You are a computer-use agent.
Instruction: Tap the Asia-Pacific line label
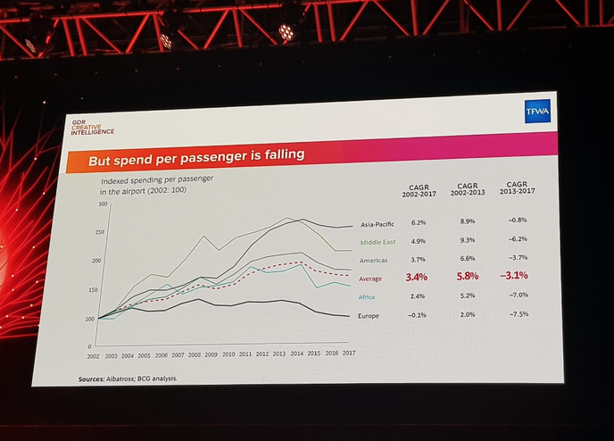click(x=377, y=224)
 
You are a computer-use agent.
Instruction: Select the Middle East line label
click(x=377, y=242)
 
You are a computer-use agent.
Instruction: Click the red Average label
click(x=370, y=279)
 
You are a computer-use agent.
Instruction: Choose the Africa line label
click(x=367, y=296)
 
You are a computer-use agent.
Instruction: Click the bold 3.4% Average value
click(x=416, y=278)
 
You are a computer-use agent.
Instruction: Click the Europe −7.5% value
click(x=517, y=313)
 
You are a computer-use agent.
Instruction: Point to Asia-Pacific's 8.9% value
click(x=466, y=221)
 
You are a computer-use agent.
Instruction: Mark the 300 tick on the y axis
click(x=103, y=205)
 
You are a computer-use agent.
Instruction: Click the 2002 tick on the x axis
click(x=94, y=356)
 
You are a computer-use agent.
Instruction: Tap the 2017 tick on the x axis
click(x=348, y=354)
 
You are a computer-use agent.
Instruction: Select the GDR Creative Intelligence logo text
click(x=94, y=127)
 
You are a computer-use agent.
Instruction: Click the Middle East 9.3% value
click(x=466, y=240)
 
